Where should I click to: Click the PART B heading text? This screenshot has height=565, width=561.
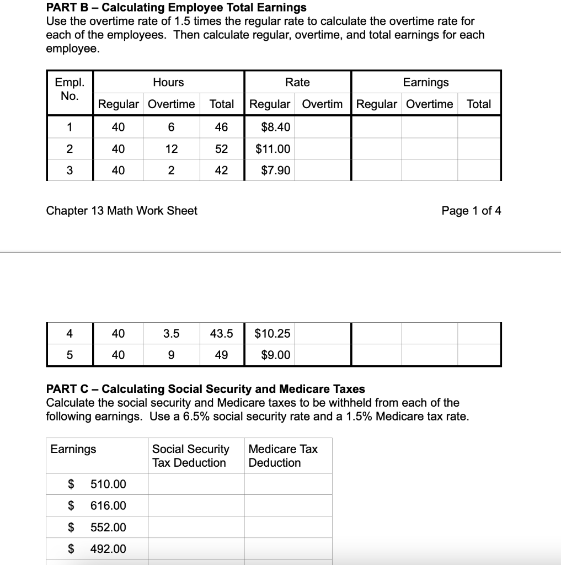click(x=176, y=8)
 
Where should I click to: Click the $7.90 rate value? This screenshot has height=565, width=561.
click(x=275, y=170)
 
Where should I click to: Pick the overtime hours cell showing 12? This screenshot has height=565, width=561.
click(x=171, y=149)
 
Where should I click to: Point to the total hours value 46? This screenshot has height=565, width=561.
click(x=221, y=127)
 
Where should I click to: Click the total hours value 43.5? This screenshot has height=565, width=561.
click(x=221, y=333)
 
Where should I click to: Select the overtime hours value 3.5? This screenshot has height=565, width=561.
click(x=171, y=333)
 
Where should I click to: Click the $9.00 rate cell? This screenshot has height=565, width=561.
click(x=275, y=355)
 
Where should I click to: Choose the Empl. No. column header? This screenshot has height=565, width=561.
click(x=70, y=89)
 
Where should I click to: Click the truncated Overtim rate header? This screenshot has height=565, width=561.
click(x=322, y=104)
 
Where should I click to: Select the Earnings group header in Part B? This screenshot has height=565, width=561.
click(x=425, y=82)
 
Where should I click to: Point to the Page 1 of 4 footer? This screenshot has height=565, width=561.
click(x=471, y=211)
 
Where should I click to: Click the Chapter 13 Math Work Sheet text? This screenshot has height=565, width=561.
click(x=121, y=211)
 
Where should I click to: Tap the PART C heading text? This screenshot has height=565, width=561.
click(x=205, y=390)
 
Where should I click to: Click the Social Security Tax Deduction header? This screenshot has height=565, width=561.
click(x=190, y=456)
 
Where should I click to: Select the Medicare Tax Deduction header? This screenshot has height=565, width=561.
click(x=283, y=456)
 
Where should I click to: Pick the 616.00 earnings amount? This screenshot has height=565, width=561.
click(x=108, y=506)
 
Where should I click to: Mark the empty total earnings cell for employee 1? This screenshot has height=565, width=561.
click(x=478, y=127)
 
